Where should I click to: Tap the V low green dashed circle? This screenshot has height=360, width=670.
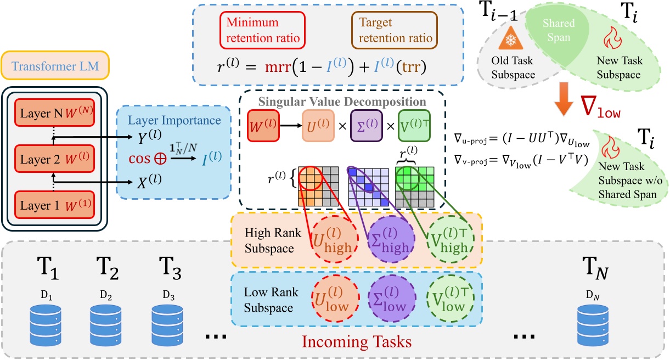[x=449, y=300]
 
